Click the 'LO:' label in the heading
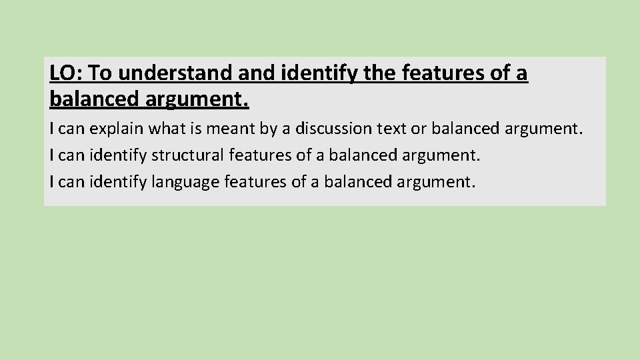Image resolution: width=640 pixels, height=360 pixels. (66, 73)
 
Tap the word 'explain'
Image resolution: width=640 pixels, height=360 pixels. (113, 128)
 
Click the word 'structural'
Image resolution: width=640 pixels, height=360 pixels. (187, 155)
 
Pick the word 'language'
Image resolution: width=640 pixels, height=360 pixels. (182, 182)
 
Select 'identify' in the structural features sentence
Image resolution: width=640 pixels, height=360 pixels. (118, 155)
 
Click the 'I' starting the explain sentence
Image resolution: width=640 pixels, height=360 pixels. (52, 128)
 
